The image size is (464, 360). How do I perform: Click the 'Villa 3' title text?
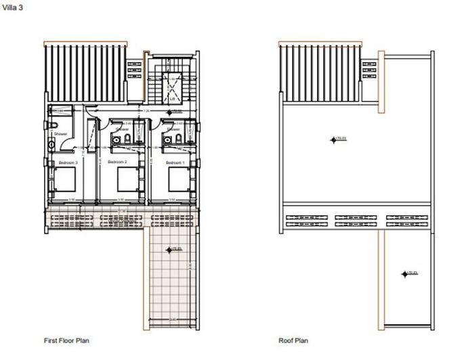pos(12,7)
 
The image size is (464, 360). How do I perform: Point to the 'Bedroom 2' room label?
pos(118,163)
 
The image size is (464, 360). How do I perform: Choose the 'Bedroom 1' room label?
pos(175,163)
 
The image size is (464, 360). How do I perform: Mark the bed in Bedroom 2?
pos(127,180)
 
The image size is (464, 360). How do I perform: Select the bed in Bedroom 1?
pos(177,180)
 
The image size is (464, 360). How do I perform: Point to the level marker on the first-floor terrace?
pos(170,250)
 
